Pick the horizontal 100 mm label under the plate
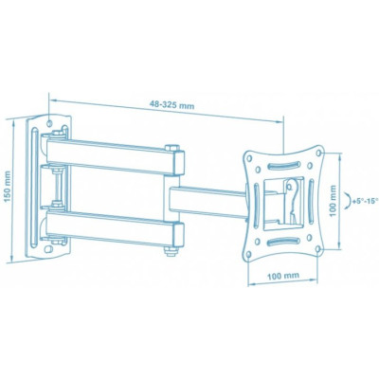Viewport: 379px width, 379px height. [x=284, y=277]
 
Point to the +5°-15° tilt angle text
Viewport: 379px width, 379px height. [x=362, y=201]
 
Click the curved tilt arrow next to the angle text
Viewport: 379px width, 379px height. [x=347, y=201]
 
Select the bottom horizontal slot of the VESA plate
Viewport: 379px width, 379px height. [x=284, y=242]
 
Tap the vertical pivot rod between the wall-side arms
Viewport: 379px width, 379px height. [x=60, y=189]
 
